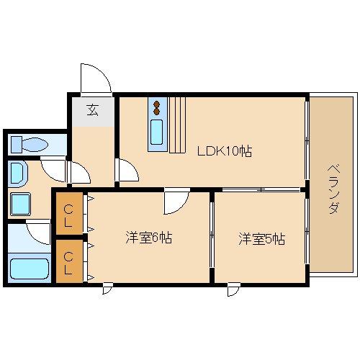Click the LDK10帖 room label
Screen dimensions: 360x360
pos(225,152)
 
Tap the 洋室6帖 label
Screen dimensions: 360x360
pos(149,238)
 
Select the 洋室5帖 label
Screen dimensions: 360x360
pos(262,239)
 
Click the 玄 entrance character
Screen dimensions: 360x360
pos(94,110)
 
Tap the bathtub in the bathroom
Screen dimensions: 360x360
pos(30,270)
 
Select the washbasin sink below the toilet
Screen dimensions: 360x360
pos(18,173)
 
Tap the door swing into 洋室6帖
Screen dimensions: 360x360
pos(174,202)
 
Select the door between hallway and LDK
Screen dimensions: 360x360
pos(127,171)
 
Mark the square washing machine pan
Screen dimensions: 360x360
pos(20,204)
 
